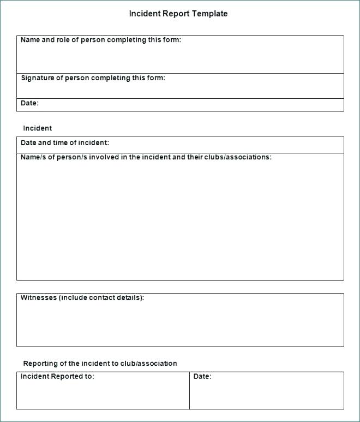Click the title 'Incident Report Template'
click(x=178, y=14)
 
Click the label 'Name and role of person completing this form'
click(x=101, y=40)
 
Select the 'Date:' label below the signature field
click(x=29, y=103)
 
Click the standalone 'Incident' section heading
click(x=37, y=128)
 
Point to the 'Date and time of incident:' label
click(x=64, y=143)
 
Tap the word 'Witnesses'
click(x=38, y=298)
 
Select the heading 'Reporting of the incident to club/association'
click(x=100, y=363)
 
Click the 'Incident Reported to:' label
click(x=57, y=376)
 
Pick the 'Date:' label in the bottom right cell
click(x=202, y=376)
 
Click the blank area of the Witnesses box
click(x=180, y=325)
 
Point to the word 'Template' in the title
click(x=210, y=14)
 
